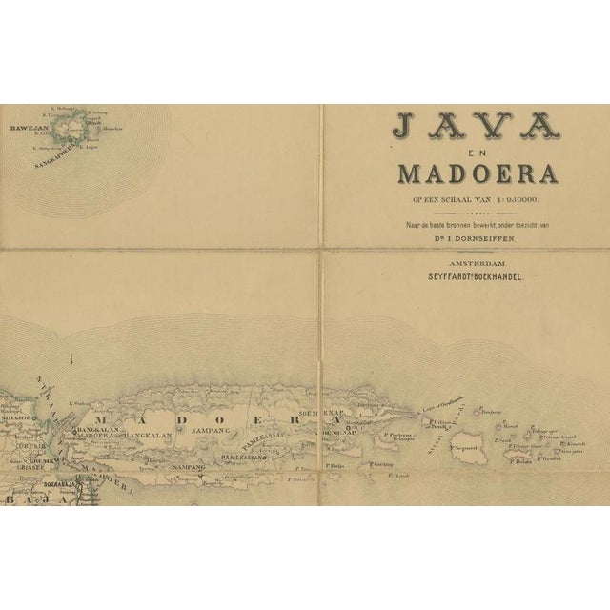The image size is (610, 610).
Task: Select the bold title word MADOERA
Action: pos(461,176)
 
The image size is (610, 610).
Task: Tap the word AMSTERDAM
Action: pos(461,261)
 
